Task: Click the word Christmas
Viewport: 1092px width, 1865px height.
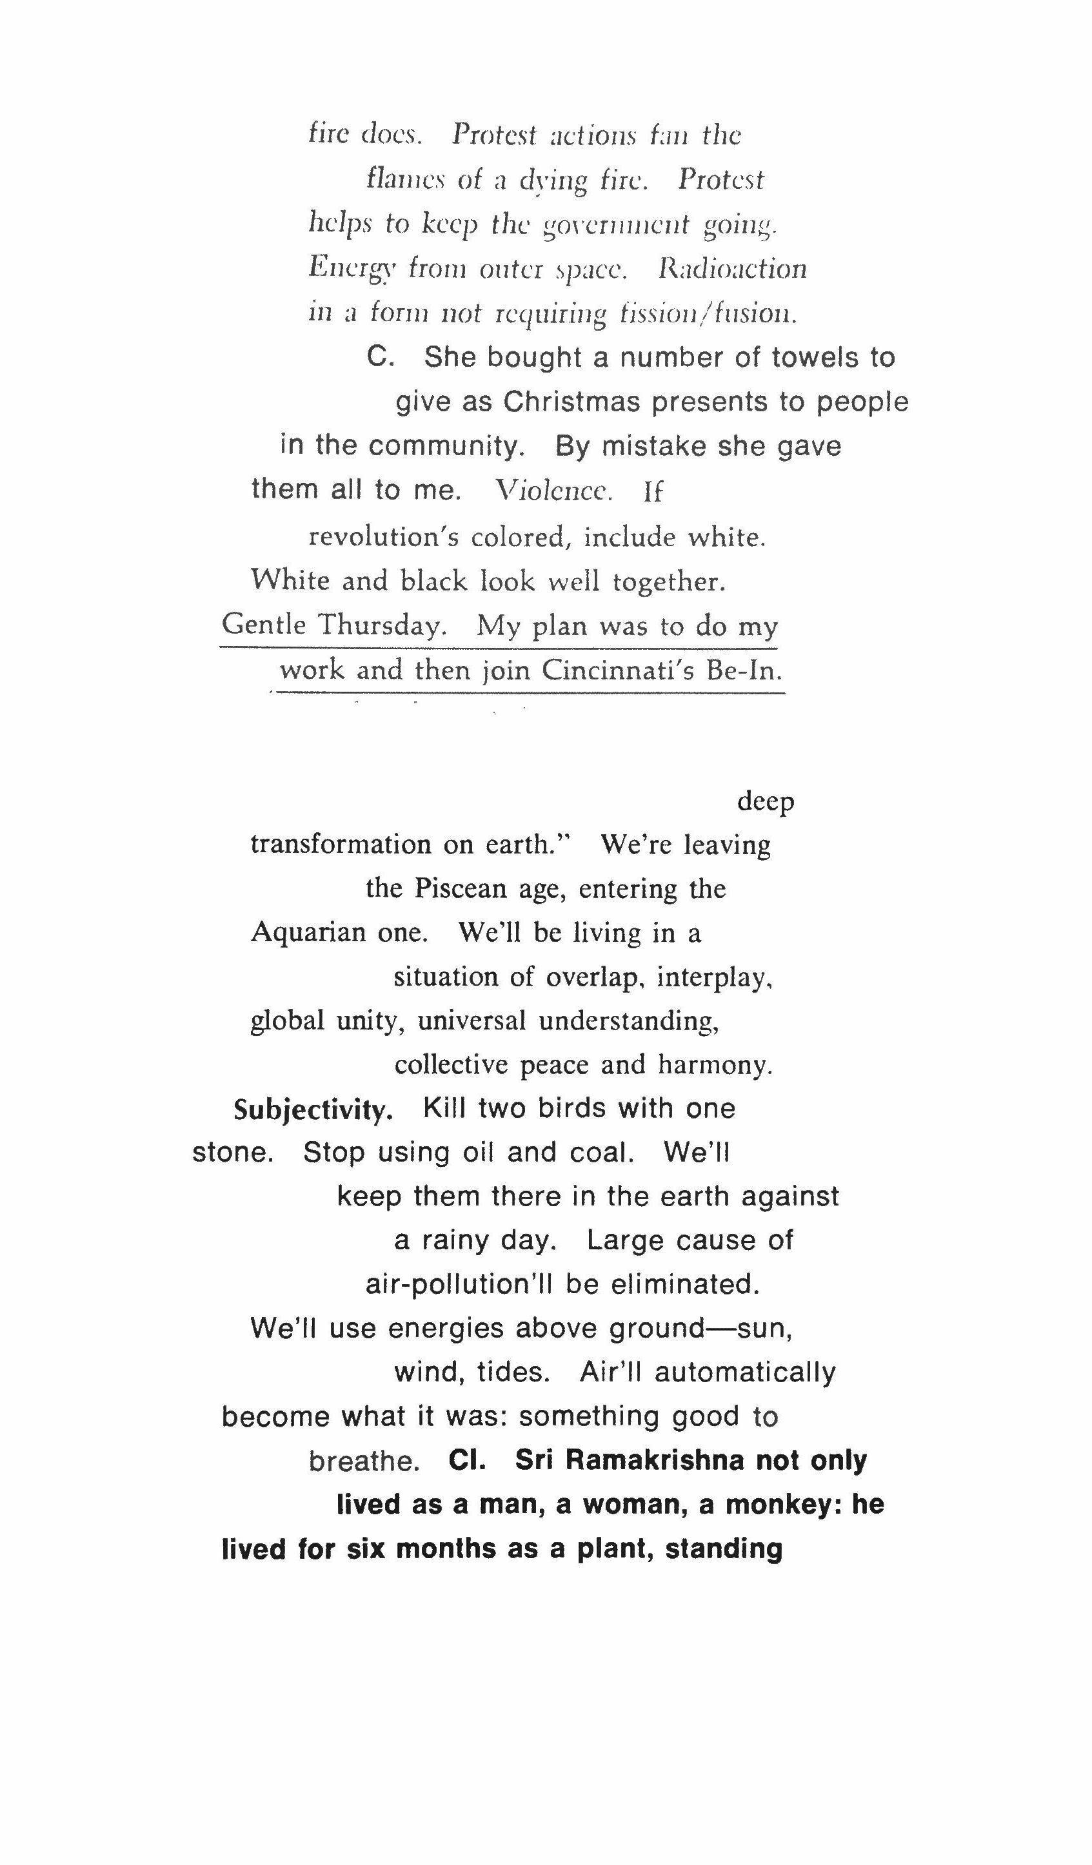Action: (x=571, y=402)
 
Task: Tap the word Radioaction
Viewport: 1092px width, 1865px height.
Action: (x=732, y=269)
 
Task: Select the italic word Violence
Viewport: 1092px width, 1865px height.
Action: (x=554, y=490)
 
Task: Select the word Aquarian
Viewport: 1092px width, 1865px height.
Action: (x=308, y=932)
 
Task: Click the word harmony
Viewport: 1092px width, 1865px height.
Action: (x=715, y=1065)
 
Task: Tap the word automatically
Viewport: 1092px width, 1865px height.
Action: (x=745, y=1372)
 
